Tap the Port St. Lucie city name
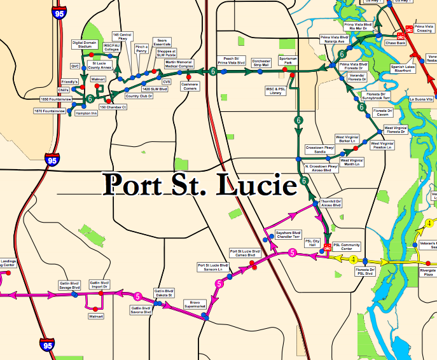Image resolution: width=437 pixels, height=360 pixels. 201,184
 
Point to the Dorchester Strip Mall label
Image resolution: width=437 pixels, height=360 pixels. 261,64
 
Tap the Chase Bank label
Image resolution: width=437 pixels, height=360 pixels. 396,43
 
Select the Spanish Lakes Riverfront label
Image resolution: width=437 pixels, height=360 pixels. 403,69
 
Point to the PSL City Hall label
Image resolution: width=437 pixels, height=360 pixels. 312,242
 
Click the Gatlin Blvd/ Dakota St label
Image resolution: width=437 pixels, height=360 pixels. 163,293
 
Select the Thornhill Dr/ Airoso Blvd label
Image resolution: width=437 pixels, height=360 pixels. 331,204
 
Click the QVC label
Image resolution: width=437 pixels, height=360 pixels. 75,66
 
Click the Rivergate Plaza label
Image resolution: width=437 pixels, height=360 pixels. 426,273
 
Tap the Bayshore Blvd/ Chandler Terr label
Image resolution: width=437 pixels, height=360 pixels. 288,234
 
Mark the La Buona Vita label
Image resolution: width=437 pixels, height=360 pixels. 421,99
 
